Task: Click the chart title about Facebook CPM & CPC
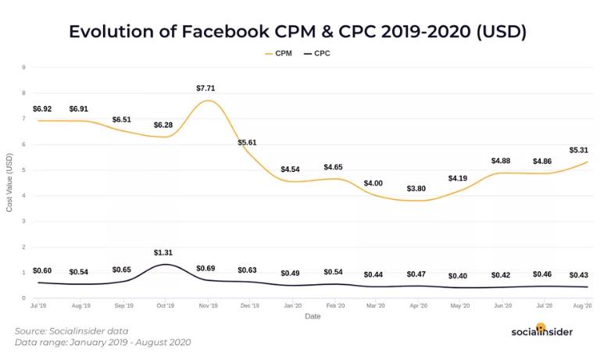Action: [x=298, y=32]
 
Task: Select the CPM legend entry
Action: [x=279, y=54]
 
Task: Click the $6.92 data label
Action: [x=43, y=108]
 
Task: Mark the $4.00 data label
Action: [x=373, y=183]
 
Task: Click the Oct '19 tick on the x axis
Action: [x=166, y=307]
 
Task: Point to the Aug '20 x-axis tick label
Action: [x=582, y=307]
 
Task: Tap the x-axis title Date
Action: [x=312, y=316]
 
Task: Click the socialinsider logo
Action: [x=541, y=330]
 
